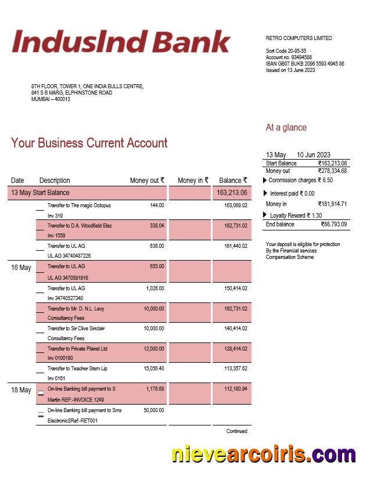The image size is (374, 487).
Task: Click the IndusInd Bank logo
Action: pos(121,42)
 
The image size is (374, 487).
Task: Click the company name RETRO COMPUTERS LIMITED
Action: pos(299,38)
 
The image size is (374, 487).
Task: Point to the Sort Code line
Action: pos(286,51)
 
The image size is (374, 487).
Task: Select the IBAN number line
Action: pos(305,64)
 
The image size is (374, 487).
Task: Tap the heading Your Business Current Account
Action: pos(89,143)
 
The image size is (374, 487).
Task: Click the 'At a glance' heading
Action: pos(286,128)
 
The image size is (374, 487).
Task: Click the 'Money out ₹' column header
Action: pos(147,181)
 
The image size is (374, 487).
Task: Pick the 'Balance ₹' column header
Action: pos(233,181)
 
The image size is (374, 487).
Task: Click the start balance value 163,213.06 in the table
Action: pos(232,193)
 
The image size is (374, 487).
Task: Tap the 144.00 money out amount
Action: pos(157,205)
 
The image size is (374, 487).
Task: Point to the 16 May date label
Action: pos(21,268)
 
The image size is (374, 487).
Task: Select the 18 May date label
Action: pos(21,390)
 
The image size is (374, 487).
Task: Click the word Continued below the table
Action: pos(236,431)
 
